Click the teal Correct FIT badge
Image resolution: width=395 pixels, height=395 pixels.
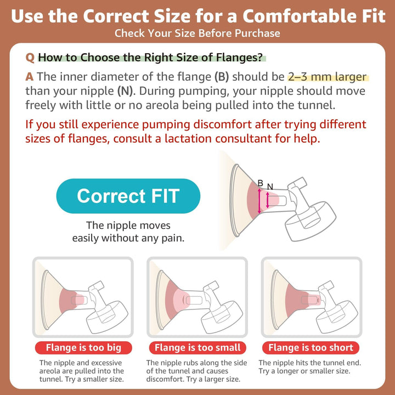tap(128, 196)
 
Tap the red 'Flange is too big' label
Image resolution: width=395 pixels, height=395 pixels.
tap(83, 348)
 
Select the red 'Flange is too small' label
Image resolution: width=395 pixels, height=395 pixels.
tap(198, 348)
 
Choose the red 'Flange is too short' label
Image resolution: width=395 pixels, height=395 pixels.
tap(311, 348)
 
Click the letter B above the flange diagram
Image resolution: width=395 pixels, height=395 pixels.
tap(260, 183)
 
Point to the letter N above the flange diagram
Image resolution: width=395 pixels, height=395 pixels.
tap(270, 187)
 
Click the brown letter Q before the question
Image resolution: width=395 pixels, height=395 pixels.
tap(30, 58)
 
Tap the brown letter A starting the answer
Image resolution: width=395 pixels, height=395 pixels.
tap(30, 77)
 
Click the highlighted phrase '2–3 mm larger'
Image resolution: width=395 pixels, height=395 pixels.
tap(327, 77)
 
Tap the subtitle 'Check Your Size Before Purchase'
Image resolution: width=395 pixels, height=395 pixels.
tap(198, 33)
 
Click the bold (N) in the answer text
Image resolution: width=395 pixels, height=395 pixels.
tap(125, 91)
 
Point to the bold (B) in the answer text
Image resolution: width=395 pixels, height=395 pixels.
tap(222, 77)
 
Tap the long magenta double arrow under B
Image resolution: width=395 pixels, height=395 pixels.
tap(259, 201)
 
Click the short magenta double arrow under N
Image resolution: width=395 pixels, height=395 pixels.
tap(268, 200)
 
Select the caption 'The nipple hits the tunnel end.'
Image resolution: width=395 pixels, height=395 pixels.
tap(309, 363)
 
